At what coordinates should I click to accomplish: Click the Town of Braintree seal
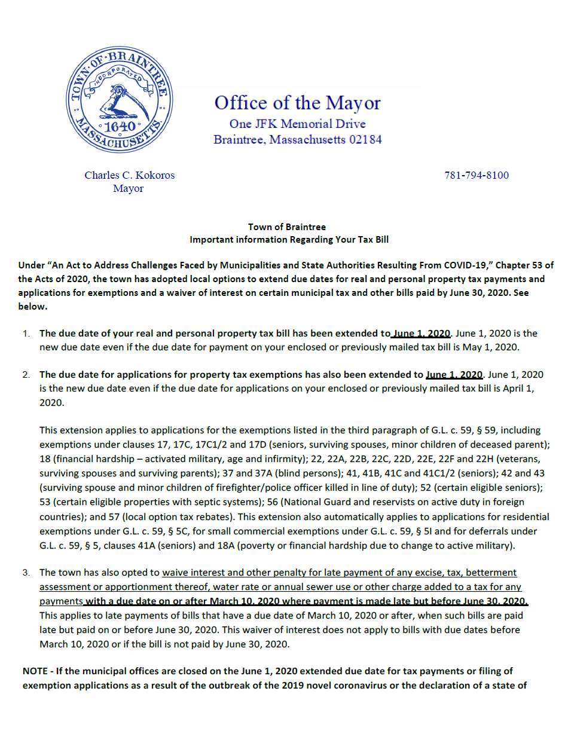pos(120,99)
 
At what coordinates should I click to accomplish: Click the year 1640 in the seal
pos(120,127)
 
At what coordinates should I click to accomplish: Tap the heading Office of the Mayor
pos(297,103)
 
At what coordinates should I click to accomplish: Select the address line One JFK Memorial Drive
pos(297,124)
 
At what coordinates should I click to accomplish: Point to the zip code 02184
pos(365,140)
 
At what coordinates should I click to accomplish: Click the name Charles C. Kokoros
pos(129,175)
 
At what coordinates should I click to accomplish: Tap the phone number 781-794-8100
pos(477,175)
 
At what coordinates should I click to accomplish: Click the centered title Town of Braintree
pos(287,227)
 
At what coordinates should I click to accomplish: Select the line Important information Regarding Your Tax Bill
pos(289,240)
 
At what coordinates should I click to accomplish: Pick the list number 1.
pos(26,334)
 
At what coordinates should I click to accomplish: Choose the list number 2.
pos(26,375)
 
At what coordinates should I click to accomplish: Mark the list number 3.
pos(26,573)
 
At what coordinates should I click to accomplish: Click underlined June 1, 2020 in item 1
pos(422,334)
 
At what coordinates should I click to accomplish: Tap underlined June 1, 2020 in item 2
pos(454,375)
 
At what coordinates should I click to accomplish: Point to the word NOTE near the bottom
pos(35,671)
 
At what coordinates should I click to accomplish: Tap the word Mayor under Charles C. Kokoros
pos(129,189)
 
